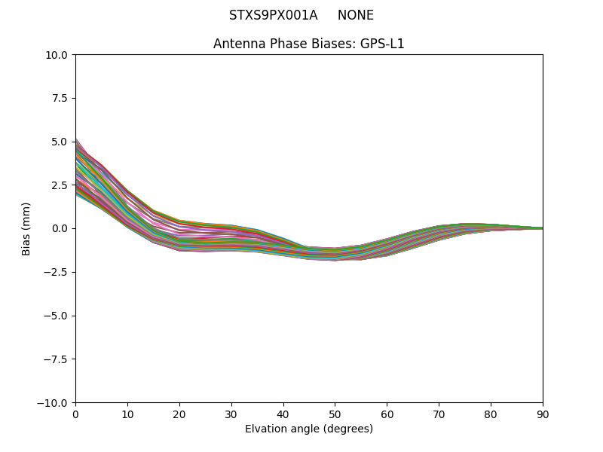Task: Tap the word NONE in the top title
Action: click(x=356, y=15)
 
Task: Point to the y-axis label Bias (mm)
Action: click(x=26, y=228)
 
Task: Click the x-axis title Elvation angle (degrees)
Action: click(x=309, y=429)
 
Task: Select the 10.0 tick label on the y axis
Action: click(x=57, y=55)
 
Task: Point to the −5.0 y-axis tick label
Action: click(x=57, y=316)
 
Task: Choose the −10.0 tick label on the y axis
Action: click(x=54, y=402)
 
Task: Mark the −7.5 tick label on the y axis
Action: click(x=57, y=359)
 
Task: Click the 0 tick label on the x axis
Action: click(x=75, y=414)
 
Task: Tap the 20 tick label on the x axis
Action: click(x=179, y=414)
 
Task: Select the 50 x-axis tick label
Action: click(x=335, y=414)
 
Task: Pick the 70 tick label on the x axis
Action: click(x=439, y=414)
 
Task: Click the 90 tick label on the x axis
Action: click(x=543, y=414)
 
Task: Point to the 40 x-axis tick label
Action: click(x=283, y=414)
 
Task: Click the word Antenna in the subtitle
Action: click(x=236, y=44)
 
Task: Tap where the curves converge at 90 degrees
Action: click(x=541, y=228)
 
